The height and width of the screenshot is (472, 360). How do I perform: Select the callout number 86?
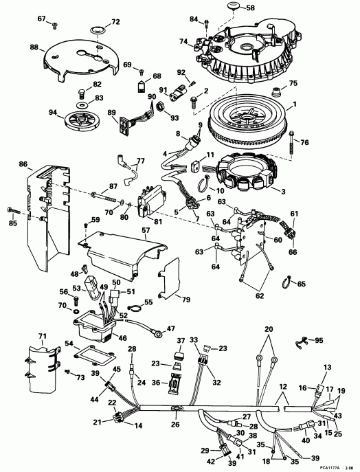pos(23,166)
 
